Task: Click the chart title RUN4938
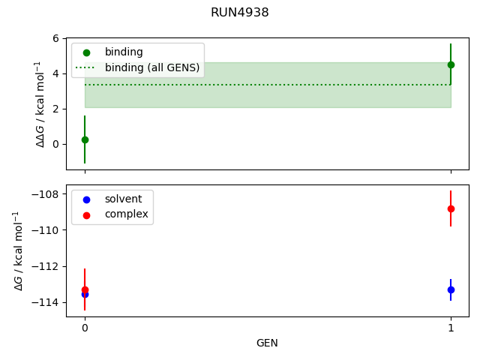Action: (x=240, y=13)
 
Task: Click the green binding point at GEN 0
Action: (x=85, y=139)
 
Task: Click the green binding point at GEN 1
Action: (x=451, y=64)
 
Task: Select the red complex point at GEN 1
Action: (x=451, y=208)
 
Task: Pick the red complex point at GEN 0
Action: (x=85, y=289)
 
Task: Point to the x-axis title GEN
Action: (x=267, y=343)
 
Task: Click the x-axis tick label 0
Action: (x=85, y=328)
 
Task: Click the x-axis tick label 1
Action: (x=451, y=328)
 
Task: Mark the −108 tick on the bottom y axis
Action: (x=46, y=194)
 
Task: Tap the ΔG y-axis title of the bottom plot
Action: (x=18, y=250)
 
